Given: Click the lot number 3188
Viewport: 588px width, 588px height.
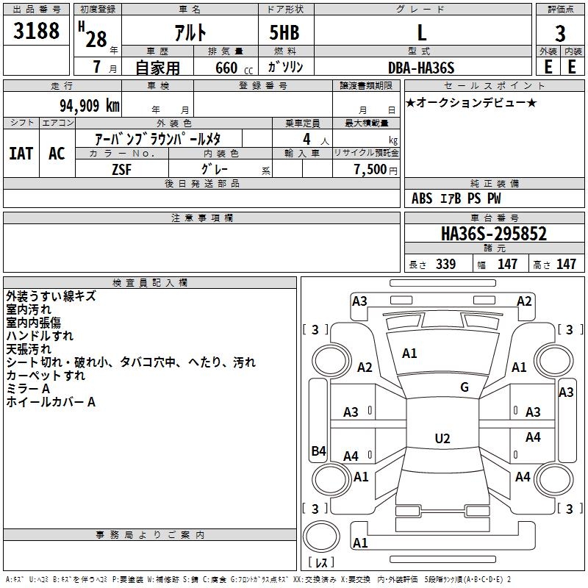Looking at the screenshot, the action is coord(36,30).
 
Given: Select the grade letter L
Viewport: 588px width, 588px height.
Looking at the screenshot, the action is coord(422,32).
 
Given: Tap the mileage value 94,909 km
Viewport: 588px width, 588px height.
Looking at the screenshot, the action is coord(90,105).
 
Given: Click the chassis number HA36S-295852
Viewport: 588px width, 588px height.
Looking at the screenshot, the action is coord(494,234).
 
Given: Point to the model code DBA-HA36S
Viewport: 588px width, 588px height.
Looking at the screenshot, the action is coord(421,68).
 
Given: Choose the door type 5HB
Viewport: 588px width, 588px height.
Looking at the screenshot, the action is coord(284,32).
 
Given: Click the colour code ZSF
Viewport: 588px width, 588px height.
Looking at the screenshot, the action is coord(121,170).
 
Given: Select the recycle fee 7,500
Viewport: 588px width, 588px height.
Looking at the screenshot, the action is coord(370,170).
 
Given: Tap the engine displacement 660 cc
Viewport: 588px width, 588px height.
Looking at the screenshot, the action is coord(234,68).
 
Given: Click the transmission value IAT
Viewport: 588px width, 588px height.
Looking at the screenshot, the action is coord(21,154).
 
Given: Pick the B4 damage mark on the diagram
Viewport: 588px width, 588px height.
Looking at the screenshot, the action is coord(319,451).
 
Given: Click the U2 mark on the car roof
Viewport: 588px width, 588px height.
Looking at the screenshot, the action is coord(442,438).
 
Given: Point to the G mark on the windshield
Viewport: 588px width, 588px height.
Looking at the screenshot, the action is coord(465,387).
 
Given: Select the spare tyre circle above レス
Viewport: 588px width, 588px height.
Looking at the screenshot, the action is coord(321,537).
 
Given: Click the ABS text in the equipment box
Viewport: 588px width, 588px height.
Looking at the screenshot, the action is coord(422,198).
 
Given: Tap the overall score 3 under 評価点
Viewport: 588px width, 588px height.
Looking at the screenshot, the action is coord(560,33).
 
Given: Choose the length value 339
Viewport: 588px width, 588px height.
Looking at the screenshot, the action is coord(445,264).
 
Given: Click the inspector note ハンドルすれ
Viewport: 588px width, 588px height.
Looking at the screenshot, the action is coord(40,336).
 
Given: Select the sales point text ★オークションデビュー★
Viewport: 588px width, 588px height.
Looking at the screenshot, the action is coord(471,102).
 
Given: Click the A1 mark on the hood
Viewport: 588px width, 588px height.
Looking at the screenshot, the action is coord(409,353).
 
